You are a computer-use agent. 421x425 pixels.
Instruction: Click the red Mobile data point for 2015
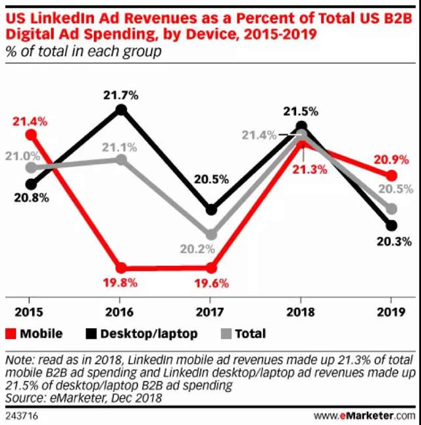31,135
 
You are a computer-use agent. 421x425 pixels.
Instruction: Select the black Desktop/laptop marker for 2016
121,110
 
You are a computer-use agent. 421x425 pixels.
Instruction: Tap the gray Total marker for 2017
211,234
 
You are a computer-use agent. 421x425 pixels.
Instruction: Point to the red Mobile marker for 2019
391,176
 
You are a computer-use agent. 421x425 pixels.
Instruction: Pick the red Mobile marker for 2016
121,268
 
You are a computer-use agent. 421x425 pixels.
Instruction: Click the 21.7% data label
121,95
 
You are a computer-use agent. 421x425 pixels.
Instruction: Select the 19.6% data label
211,284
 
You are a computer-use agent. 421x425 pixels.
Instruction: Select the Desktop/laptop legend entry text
149,334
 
